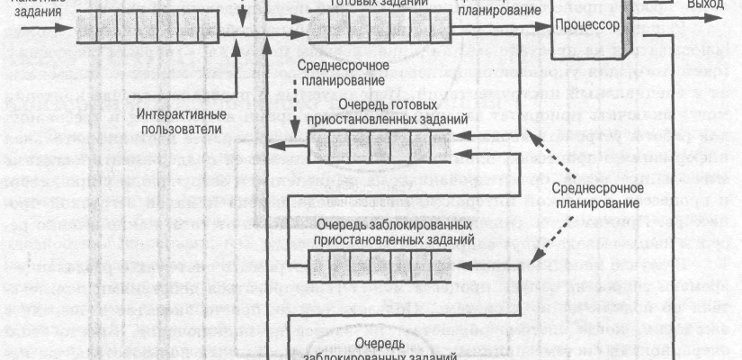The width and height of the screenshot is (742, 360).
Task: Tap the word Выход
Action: click(703, 4)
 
